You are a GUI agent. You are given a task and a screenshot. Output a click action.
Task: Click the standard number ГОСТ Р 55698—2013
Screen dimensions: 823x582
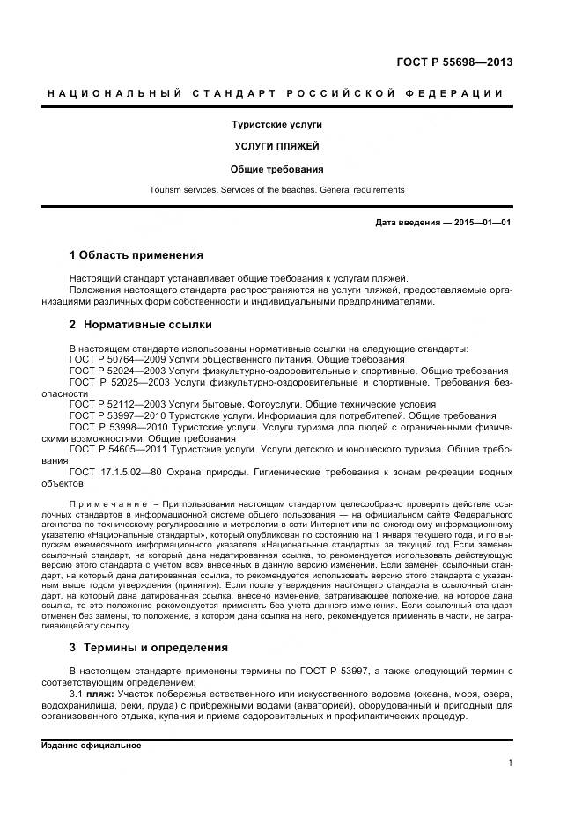point(456,63)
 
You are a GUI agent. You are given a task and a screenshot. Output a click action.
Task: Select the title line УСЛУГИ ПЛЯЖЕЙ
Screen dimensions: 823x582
point(276,147)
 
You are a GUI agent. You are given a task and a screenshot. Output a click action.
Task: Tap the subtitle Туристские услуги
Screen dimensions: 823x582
point(276,125)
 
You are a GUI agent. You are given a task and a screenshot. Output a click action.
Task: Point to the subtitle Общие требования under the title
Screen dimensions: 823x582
point(276,168)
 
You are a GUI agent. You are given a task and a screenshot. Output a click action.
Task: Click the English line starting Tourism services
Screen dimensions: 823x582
point(276,189)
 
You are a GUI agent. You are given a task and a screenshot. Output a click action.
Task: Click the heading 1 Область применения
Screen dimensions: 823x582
point(136,255)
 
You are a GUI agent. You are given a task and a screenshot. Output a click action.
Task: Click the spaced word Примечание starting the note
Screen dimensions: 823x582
point(106,503)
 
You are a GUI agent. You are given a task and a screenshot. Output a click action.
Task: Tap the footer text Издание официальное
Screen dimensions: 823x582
point(92,746)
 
